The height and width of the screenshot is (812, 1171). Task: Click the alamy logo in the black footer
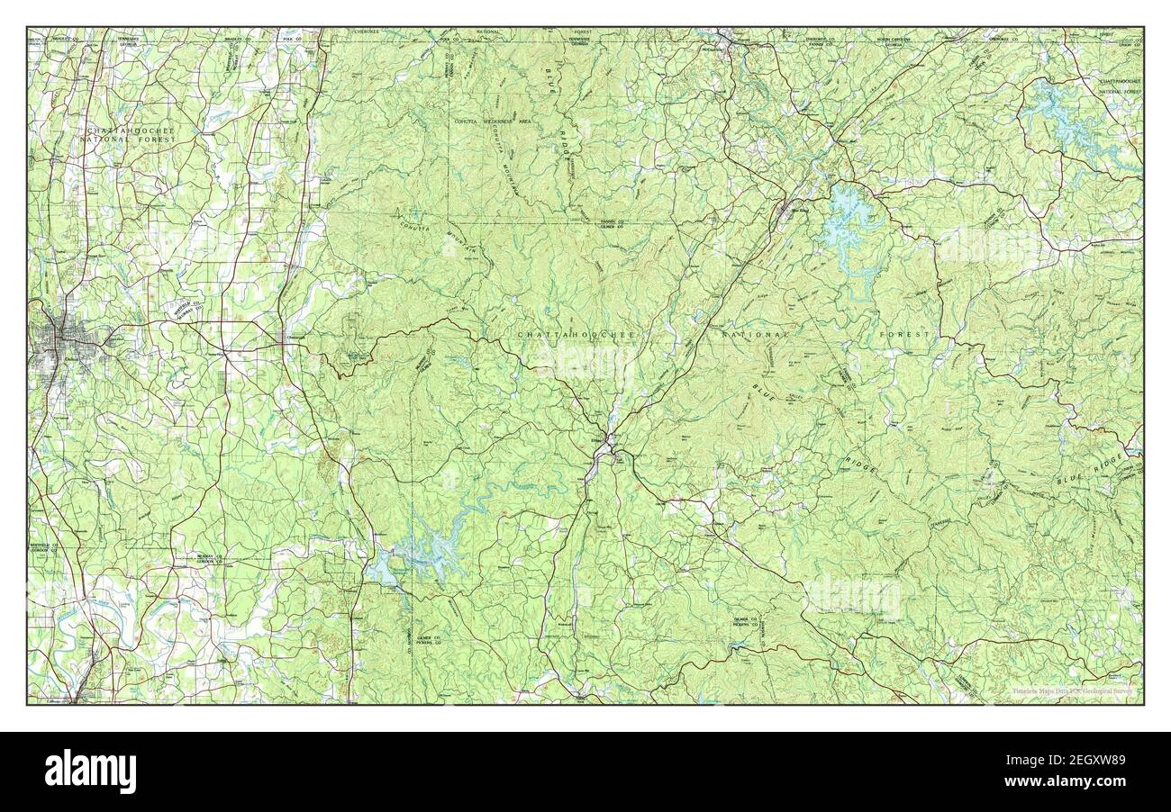click(90, 771)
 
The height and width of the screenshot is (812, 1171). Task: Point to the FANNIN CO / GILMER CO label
click(617, 224)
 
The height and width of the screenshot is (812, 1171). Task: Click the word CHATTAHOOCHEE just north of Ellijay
click(576, 335)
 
